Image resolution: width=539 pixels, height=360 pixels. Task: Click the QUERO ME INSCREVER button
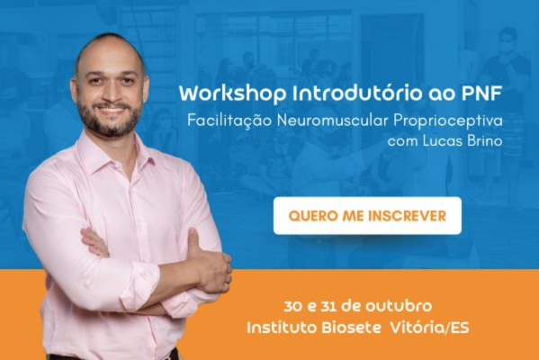tap(367, 216)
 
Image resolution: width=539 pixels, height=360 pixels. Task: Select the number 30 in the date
tap(290, 305)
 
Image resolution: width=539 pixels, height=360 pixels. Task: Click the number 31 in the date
tap(328, 305)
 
